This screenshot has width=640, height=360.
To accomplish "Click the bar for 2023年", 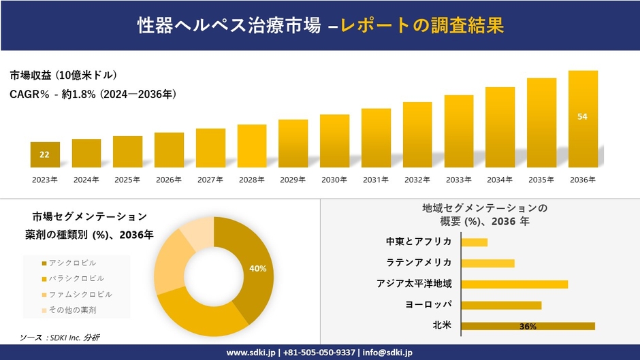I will (45, 155).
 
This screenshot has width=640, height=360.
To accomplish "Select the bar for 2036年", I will (583, 119).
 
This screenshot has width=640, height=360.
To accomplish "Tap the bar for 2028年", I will (252, 146).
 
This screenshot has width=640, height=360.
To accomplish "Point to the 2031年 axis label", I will (375, 180).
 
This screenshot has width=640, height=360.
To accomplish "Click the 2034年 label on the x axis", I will (500, 180).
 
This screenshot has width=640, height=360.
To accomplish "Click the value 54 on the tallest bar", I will (582, 116).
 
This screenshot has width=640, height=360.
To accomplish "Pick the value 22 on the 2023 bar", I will (44, 154).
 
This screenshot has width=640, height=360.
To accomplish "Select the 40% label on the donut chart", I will (258, 269).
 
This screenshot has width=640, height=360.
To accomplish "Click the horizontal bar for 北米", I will (528, 326).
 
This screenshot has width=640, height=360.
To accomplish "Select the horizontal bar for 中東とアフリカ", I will (475, 242).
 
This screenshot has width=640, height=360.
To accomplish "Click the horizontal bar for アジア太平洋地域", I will (514, 284).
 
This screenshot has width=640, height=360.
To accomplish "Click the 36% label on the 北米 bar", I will (528, 327).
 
